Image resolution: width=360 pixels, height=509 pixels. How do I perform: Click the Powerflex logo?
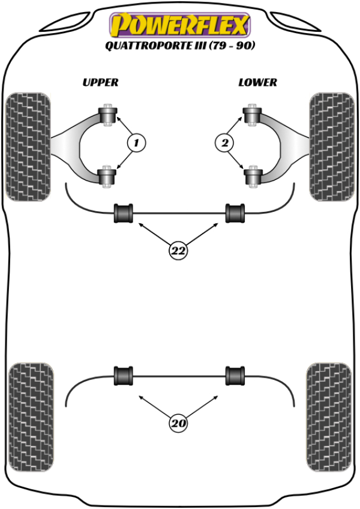pos(179,25)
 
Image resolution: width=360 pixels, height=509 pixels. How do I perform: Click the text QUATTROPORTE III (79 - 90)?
pos(179,46)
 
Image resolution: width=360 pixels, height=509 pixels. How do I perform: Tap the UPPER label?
pos(100,82)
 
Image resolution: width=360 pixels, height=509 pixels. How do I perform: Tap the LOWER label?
pos(257,82)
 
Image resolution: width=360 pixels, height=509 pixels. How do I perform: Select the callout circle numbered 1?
pos(136,143)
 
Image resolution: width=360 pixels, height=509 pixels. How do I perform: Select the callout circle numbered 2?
pos(224,143)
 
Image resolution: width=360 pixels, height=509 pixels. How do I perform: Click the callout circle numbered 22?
pos(178,251)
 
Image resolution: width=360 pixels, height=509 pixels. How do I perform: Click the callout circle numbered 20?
pos(178,424)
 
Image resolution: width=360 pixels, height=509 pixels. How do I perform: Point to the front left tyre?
pos(28,146)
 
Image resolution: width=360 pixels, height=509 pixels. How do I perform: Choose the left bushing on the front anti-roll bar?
pos(124,213)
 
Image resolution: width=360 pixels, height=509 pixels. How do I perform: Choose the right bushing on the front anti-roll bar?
pos(235,213)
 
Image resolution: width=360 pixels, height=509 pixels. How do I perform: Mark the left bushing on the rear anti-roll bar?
pos(124,376)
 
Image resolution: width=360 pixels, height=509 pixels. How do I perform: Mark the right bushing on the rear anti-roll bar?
pos(235,376)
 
